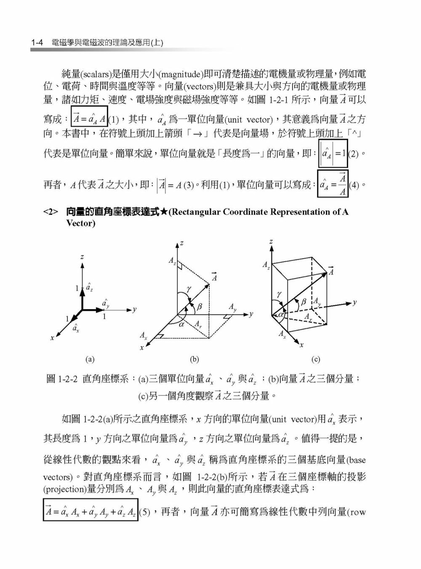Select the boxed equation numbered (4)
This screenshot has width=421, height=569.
click(x=333, y=184)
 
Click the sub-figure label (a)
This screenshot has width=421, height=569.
click(x=90, y=360)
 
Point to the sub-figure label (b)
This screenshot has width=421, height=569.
click(x=194, y=360)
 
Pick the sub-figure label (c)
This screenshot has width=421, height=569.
click(x=316, y=360)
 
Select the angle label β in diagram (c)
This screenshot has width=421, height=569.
click(x=303, y=302)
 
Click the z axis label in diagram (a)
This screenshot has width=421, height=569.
click(x=83, y=257)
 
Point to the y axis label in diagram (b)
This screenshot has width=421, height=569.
click(x=251, y=314)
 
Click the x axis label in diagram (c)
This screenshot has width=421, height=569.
click(x=301, y=345)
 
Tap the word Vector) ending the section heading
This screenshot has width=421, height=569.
click(x=81, y=223)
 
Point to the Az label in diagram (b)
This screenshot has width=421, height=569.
click(x=172, y=261)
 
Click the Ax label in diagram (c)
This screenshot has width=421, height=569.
click(x=282, y=333)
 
